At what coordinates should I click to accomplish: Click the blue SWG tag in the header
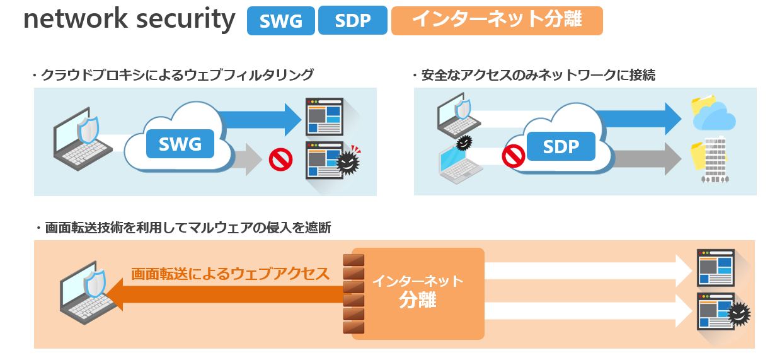click(x=280, y=21)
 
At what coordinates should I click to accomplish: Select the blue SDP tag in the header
click(x=352, y=21)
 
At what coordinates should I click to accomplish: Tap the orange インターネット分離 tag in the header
click(x=497, y=21)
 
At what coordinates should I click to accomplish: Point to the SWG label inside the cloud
click(x=180, y=144)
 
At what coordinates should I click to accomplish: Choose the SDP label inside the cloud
click(x=560, y=147)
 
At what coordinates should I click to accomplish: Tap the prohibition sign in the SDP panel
click(x=514, y=155)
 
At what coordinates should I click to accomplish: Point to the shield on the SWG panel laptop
click(x=88, y=130)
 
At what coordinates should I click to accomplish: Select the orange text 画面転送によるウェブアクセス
click(x=230, y=274)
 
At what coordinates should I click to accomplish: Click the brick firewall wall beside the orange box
click(x=354, y=293)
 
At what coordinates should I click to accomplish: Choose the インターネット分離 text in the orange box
click(x=418, y=290)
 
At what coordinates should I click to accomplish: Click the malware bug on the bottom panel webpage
click(x=739, y=313)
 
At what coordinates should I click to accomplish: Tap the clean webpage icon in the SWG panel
click(x=325, y=116)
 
